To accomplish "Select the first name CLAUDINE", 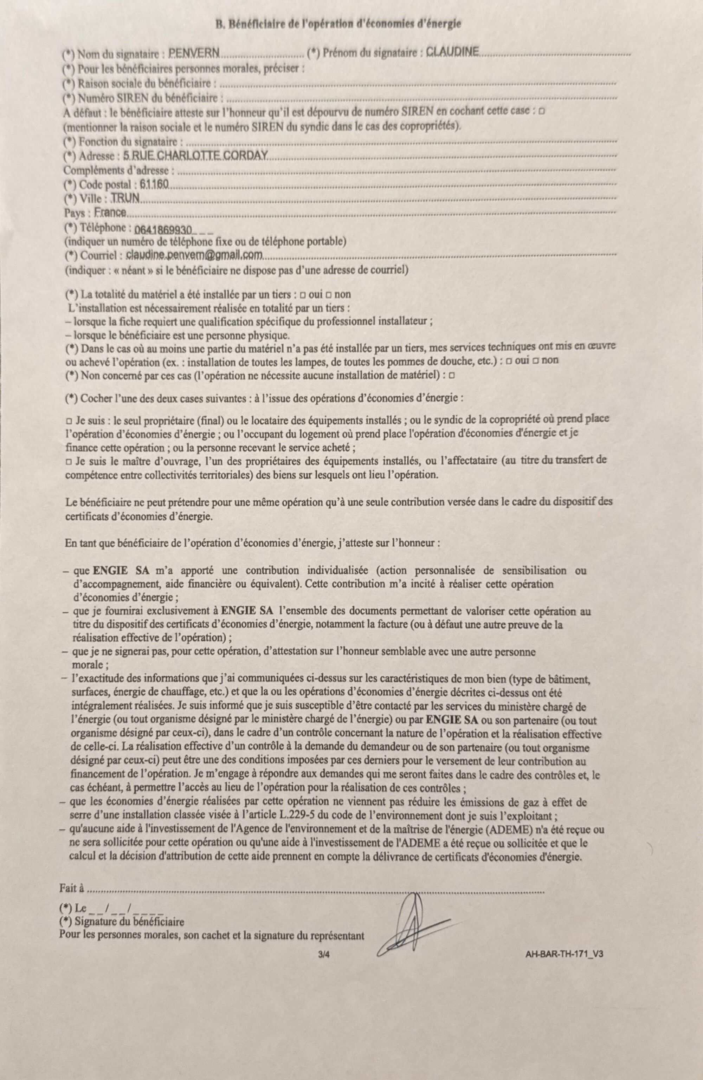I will point(452,52).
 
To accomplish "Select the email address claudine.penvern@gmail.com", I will point(195,255).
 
